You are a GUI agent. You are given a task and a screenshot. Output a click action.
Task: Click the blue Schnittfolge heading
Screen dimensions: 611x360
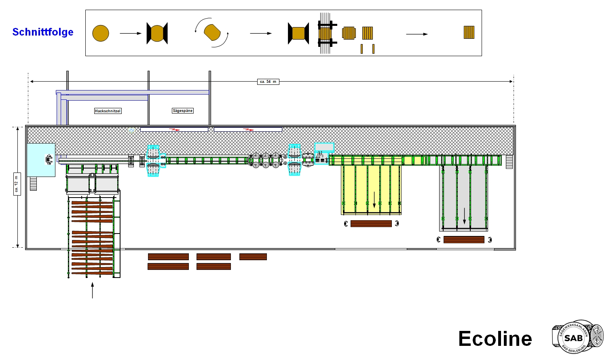pyautogui.click(x=43, y=32)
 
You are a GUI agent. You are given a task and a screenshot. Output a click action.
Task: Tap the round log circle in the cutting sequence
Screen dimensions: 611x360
pyautogui.click(x=101, y=33)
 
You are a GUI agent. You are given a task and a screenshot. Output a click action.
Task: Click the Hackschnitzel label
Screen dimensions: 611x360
pyautogui.click(x=108, y=111)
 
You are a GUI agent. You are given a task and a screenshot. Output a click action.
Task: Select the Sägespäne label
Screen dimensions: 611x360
pyautogui.click(x=183, y=111)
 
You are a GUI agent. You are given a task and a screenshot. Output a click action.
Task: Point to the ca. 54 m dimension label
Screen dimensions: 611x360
pyautogui.click(x=268, y=82)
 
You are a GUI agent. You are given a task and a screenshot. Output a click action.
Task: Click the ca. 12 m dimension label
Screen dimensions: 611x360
pyautogui.click(x=17, y=184)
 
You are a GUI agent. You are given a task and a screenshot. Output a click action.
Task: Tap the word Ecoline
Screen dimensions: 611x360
pyautogui.click(x=495, y=339)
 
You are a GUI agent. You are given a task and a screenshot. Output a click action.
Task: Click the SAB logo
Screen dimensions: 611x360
pyautogui.click(x=577, y=337)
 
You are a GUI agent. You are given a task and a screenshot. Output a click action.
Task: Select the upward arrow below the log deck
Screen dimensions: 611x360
pyautogui.click(x=93, y=290)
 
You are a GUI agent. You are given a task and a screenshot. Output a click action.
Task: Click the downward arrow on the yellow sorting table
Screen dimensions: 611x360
pyautogui.click(x=374, y=200)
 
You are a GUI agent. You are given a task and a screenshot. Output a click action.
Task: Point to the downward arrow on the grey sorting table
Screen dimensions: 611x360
pyautogui.click(x=465, y=216)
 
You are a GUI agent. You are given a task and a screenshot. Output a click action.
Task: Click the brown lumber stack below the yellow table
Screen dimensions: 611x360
pyautogui.click(x=371, y=224)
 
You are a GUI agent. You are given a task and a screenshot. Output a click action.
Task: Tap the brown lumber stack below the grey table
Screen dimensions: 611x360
pyautogui.click(x=464, y=240)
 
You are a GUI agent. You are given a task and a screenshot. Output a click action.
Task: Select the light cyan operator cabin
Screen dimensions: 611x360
pyautogui.click(x=41, y=160)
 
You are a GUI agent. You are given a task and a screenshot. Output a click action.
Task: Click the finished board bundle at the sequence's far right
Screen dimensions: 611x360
pyautogui.click(x=469, y=32)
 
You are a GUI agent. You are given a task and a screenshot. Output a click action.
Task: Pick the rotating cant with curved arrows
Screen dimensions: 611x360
pyautogui.click(x=212, y=33)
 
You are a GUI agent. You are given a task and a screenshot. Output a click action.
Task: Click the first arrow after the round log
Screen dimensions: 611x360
pyautogui.click(x=131, y=33)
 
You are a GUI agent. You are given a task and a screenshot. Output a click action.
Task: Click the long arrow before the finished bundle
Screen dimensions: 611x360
pyautogui.click(x=417, y=34)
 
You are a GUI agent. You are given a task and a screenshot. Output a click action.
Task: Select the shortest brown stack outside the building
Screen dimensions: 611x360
pyautogui.click(x=253, y=257)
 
